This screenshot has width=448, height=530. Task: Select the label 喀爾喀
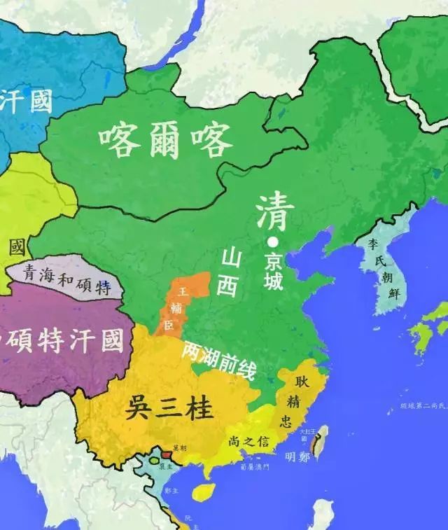pos(165,140)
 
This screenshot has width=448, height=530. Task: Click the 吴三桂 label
pos(169,407)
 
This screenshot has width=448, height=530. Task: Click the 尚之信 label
pos(249,440)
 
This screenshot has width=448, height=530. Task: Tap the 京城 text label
pos(274,270)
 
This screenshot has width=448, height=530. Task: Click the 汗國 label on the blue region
pos(26,102)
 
